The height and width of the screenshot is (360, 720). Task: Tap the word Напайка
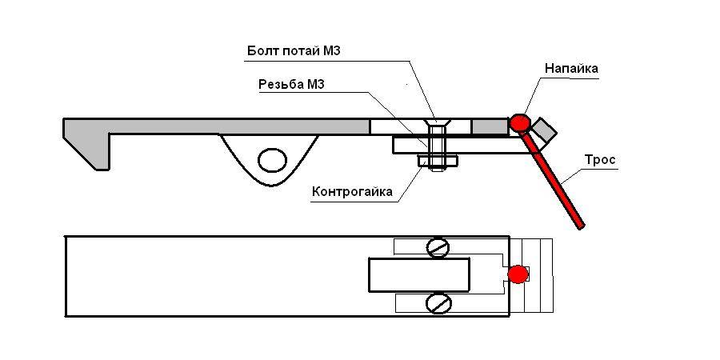(571, 69)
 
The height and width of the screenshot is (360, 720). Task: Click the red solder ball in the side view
(520, 122)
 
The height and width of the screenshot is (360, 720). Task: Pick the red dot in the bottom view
(518, 274)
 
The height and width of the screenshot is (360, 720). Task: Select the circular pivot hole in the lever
(272, 160)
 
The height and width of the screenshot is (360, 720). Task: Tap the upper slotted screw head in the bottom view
(437, 248)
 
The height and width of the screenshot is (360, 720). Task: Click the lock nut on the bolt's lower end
(437, 162)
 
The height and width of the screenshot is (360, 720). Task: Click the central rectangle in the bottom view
(418, 275)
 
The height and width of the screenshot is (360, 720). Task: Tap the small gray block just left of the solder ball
(490, 126)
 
